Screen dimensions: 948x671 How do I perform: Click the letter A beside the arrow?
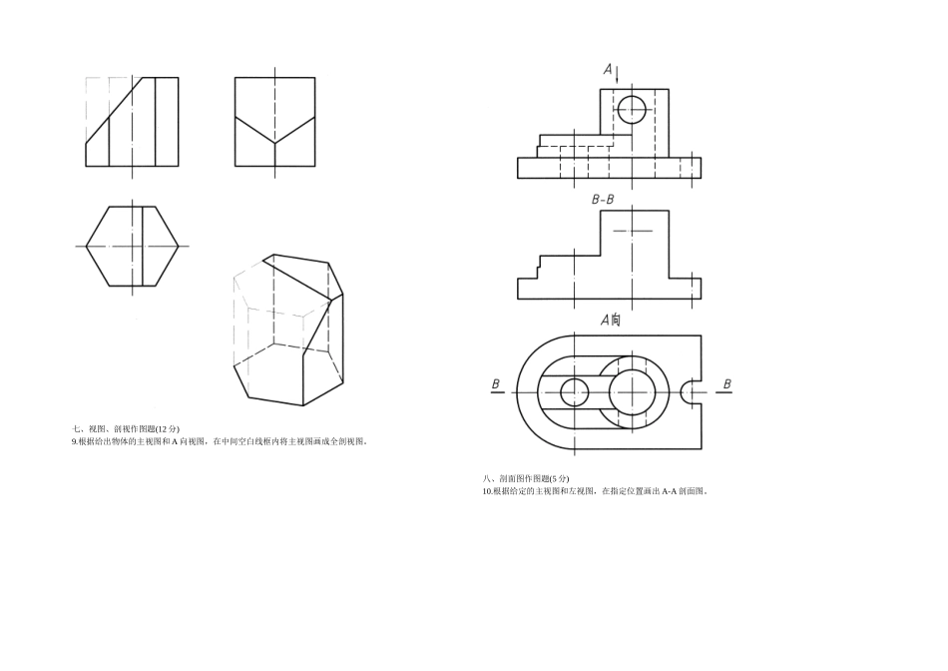[x=608, y=69]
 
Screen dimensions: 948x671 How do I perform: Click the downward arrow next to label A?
[x=618, y=75]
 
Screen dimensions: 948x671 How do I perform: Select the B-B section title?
[x=603, y=199]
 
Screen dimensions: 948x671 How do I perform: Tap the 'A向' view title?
[x=610, y=320]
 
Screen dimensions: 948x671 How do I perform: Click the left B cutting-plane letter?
[x=496, y=383]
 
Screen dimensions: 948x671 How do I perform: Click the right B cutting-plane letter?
[x=726, y=383]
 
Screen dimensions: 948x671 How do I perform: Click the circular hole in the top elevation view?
[x=632, y=110]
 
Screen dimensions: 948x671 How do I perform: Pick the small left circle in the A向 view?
[x=575, y=392]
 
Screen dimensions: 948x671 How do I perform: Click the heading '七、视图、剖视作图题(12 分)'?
[x=126, y=428]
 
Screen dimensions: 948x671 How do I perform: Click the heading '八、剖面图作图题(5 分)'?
[x=526, y=478]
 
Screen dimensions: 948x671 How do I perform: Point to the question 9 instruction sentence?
[x=221, y=441]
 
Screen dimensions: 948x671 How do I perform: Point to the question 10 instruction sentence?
[x=596, y=490]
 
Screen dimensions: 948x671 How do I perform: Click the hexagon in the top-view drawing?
[x=86, y=247]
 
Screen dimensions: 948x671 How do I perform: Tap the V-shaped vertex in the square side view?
[x=275, y=144]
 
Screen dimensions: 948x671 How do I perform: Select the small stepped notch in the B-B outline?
[x=539, y=264]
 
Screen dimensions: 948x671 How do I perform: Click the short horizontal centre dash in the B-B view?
[x=633, y=231]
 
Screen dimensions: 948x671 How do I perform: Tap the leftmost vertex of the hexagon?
[x=86, y=247]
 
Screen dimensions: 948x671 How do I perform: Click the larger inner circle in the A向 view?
[x=633, y=392]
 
